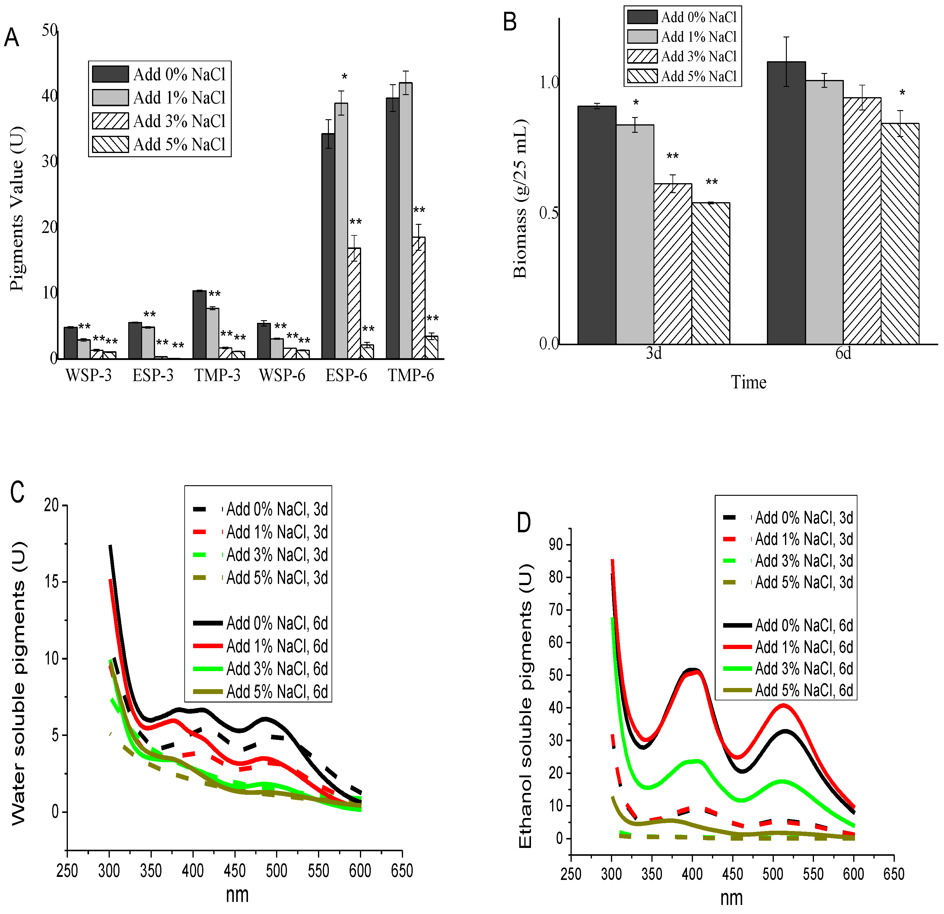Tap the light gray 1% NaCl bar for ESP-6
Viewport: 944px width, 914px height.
coord(341,231)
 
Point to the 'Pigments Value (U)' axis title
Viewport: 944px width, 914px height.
coord(17,208)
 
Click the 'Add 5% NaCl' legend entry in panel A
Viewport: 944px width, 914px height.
coord(179,144)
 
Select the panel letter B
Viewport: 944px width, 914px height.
coord(510,22)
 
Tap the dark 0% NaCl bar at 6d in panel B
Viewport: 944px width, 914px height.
coord(786,203)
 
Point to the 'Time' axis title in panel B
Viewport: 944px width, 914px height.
coord(749,382)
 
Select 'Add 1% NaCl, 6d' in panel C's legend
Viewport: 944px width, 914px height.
coord(277,646)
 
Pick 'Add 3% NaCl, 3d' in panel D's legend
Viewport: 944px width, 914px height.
coord(804,561)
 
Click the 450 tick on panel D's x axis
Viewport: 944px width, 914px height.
coord(733,874)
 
